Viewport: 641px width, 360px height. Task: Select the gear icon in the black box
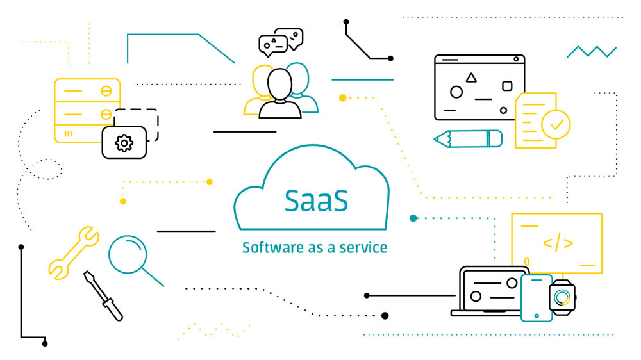[124, 142]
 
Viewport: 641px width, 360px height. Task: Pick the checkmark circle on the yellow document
[556, 124]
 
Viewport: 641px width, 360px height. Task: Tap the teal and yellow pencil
[468, 138]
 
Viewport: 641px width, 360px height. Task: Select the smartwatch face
[562, 297]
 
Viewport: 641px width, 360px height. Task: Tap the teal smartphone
[537, 297]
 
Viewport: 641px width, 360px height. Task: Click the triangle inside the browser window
[471, 78]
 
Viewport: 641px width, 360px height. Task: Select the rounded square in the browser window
[506, 86]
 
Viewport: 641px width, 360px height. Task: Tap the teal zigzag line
[591, 51]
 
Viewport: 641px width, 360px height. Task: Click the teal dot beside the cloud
[413, 218]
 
